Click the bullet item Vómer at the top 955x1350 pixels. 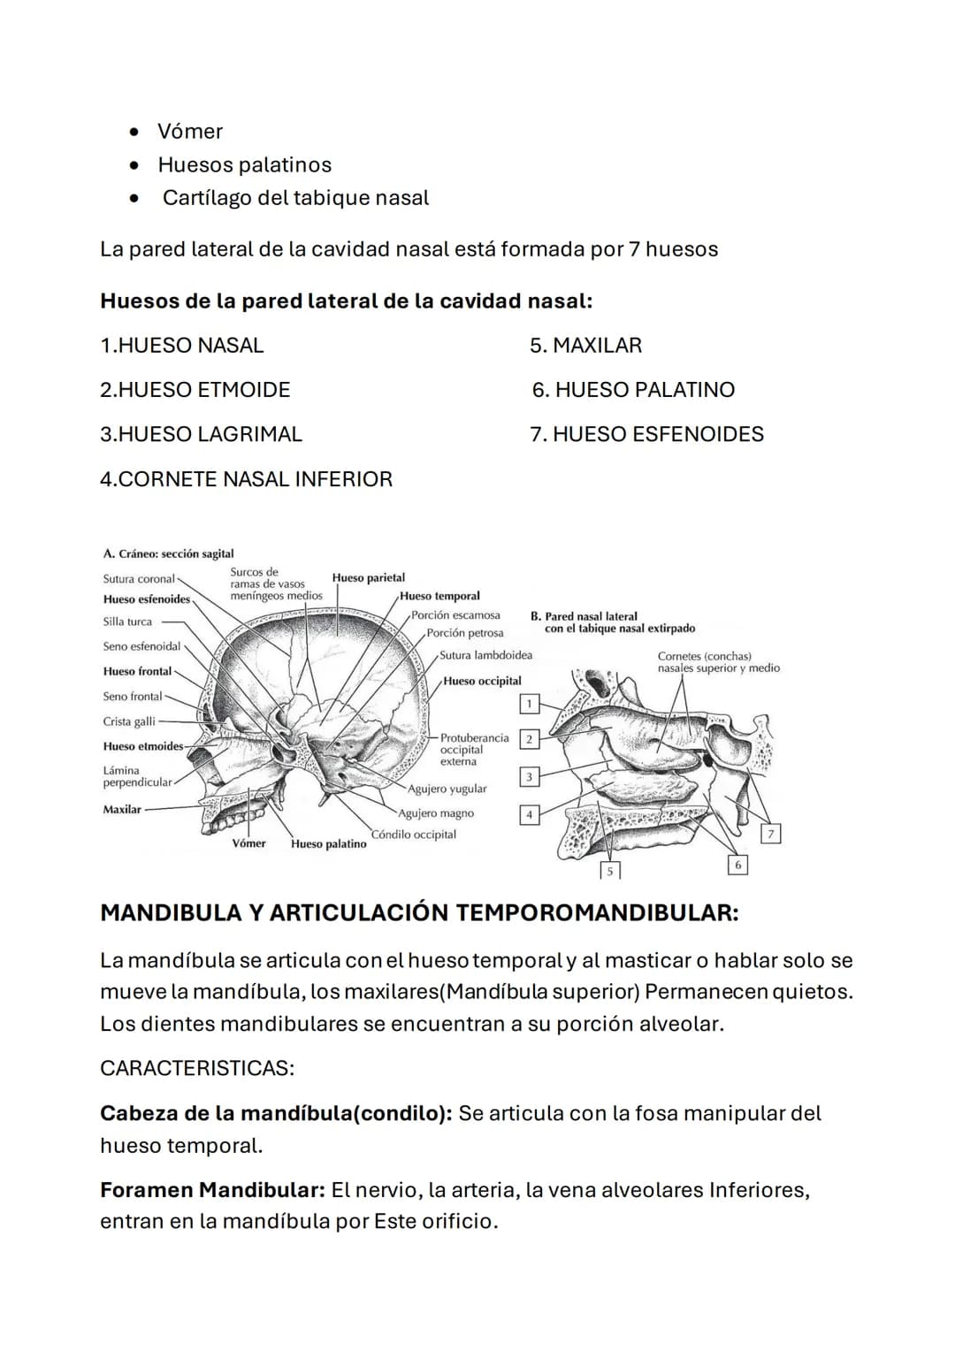pos(189,131)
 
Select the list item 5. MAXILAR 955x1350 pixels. pos(585,346)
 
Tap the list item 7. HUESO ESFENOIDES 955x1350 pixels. pos(646,434)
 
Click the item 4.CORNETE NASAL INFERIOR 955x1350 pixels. pos(246,479)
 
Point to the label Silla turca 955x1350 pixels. pos(127,622)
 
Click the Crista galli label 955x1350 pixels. pos(129,721)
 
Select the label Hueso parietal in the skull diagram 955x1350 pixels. pos(368,577)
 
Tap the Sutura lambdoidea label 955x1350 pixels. pos(485,655)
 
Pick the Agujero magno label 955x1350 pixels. pos(436,813)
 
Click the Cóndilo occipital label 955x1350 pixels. pos(414,835)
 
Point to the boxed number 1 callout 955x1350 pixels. pos(529,704)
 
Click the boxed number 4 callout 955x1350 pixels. pos(529,814)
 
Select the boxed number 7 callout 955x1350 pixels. pos(771,834)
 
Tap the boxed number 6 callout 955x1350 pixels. pos(738,865)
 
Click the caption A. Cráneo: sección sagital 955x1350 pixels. pos(168,553)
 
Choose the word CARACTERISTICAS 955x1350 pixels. pos(196,1068)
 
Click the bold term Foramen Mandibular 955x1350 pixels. pos(212,1190)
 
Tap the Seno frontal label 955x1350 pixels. pos(133,697)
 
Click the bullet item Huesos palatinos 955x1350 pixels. pos(244,164)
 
